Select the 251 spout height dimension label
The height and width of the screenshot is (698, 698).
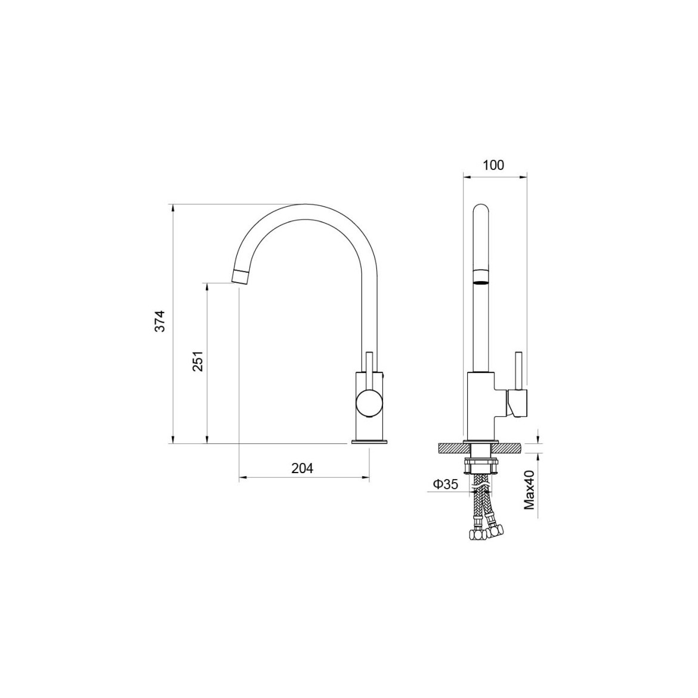point(197,361)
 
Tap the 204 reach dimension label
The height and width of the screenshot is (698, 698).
point(302,468)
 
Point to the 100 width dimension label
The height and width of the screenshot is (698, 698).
point(494,165)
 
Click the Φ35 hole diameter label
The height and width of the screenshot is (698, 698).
point(445,484)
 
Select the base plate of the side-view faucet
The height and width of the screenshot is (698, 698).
point(369,442)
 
